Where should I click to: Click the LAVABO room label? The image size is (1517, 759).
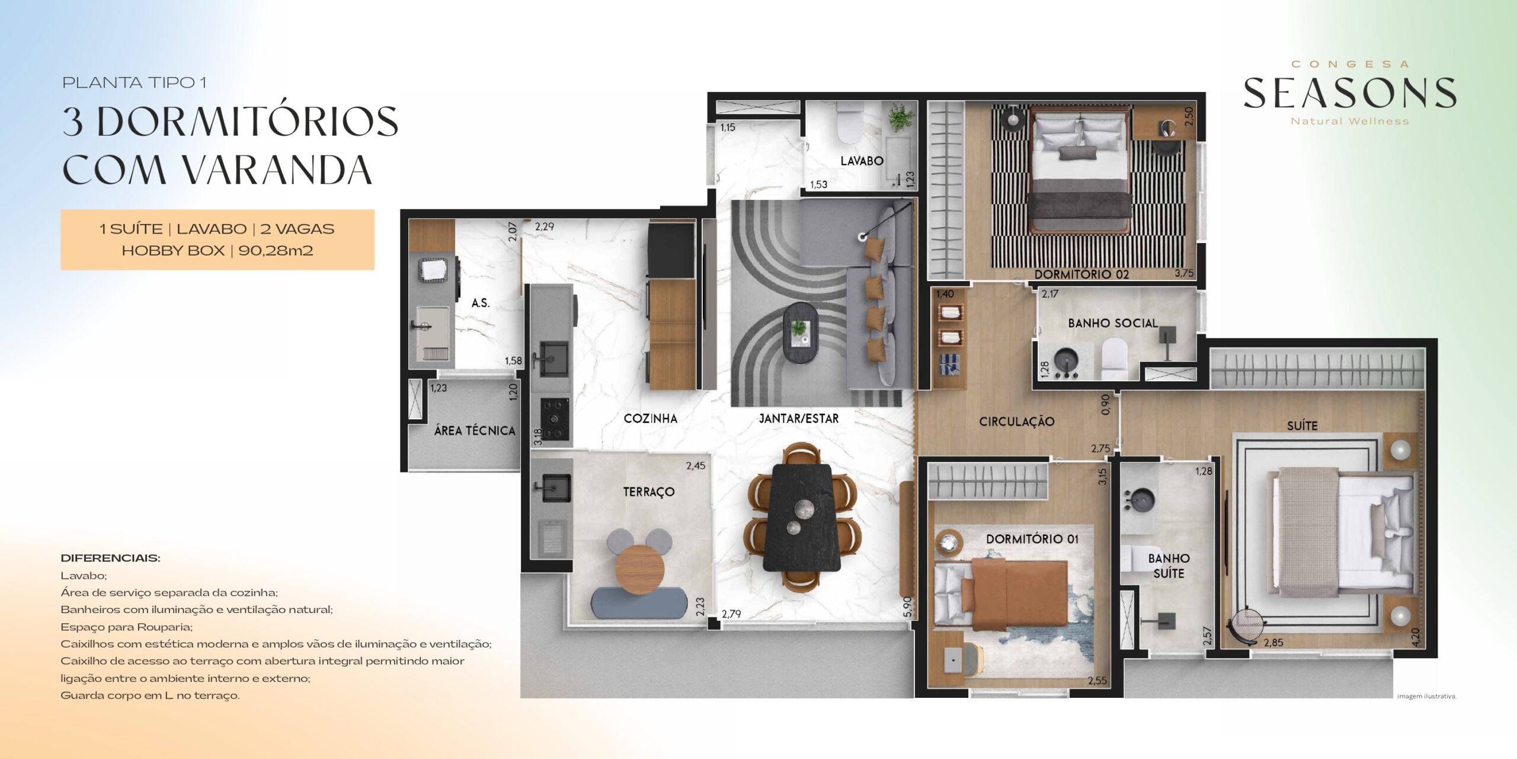(x=862, y=161)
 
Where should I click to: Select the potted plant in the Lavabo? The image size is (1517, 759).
(x=900, y=117)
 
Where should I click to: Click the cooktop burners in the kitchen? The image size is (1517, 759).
(x=555, y=420)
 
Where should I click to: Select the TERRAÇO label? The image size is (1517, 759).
(x=648, y=492)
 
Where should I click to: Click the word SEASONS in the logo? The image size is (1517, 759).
(x=1350, y=94)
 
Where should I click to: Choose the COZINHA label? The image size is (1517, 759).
(x=650, y=419)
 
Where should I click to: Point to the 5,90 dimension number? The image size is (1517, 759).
(x=907, y=607)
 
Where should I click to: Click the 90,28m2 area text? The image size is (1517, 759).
(x=276, y=251)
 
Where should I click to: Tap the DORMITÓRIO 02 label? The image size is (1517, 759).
(x=1081, y=274)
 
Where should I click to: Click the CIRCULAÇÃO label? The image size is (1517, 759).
(x=1017, y=422)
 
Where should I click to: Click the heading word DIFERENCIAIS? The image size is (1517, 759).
(x=110, y=558)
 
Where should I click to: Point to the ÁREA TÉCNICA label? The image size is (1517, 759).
(x=475, y=430)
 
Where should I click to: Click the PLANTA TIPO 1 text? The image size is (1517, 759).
(x=135, y=83)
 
